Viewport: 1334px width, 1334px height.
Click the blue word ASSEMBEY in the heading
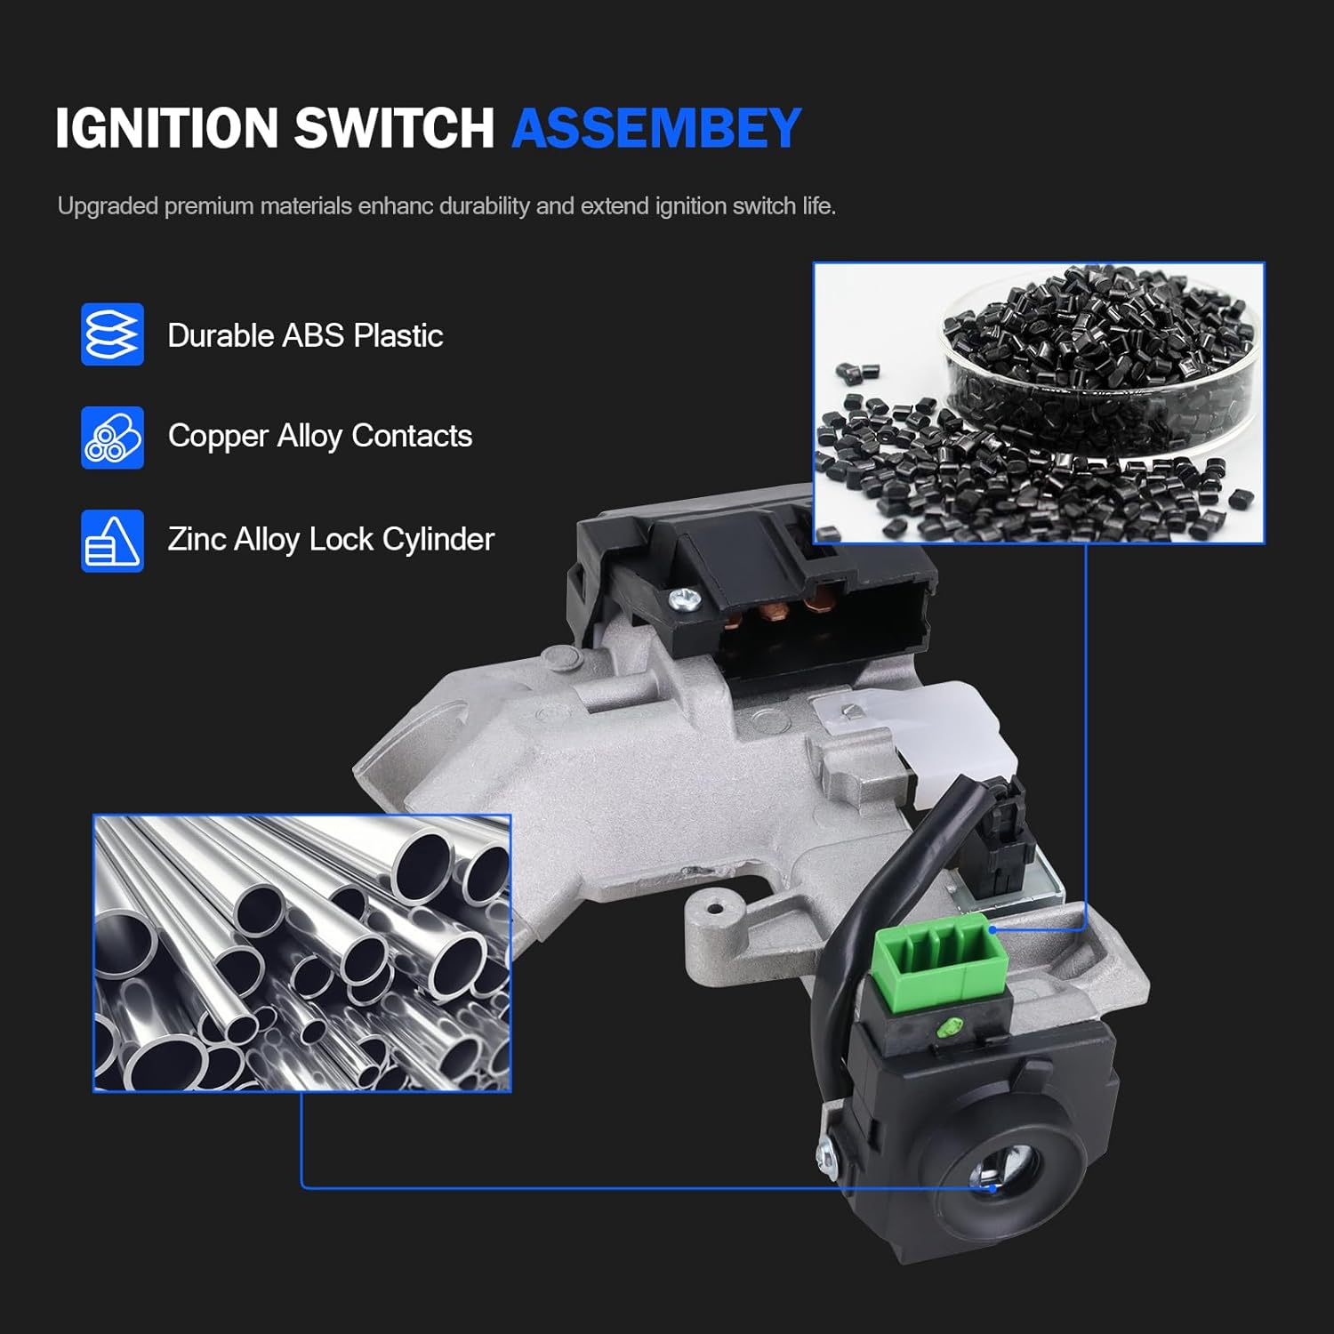coord(656,128)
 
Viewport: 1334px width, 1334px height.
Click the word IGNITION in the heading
coord(167,128)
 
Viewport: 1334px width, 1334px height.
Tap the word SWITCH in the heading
coord(393,128)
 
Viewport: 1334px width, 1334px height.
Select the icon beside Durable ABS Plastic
coord(112,334)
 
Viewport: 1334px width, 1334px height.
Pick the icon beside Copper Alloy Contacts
coord(112,438)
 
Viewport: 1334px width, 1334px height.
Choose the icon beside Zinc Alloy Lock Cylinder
coord(112,541)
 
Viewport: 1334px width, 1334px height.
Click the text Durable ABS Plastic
coord(305,335)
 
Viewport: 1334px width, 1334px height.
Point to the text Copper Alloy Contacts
coord(320,436)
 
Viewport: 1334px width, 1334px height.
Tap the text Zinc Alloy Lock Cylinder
coord(331,539)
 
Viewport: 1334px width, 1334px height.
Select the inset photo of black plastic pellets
coord(1038,403)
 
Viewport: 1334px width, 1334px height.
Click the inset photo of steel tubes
coord(302,952)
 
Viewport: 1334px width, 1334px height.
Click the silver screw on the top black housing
coord(686,599)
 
